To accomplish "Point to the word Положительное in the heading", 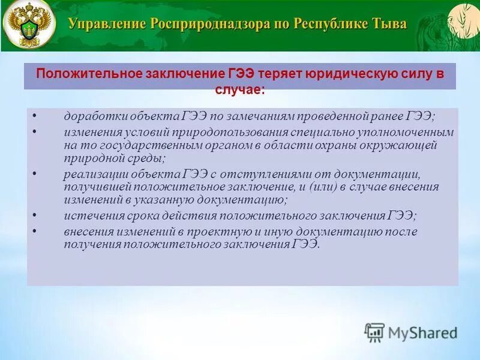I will click(88, 73).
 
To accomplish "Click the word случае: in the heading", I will click(239, 88).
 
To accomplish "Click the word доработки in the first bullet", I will click(93, 117).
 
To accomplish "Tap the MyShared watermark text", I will click(422, 332).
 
